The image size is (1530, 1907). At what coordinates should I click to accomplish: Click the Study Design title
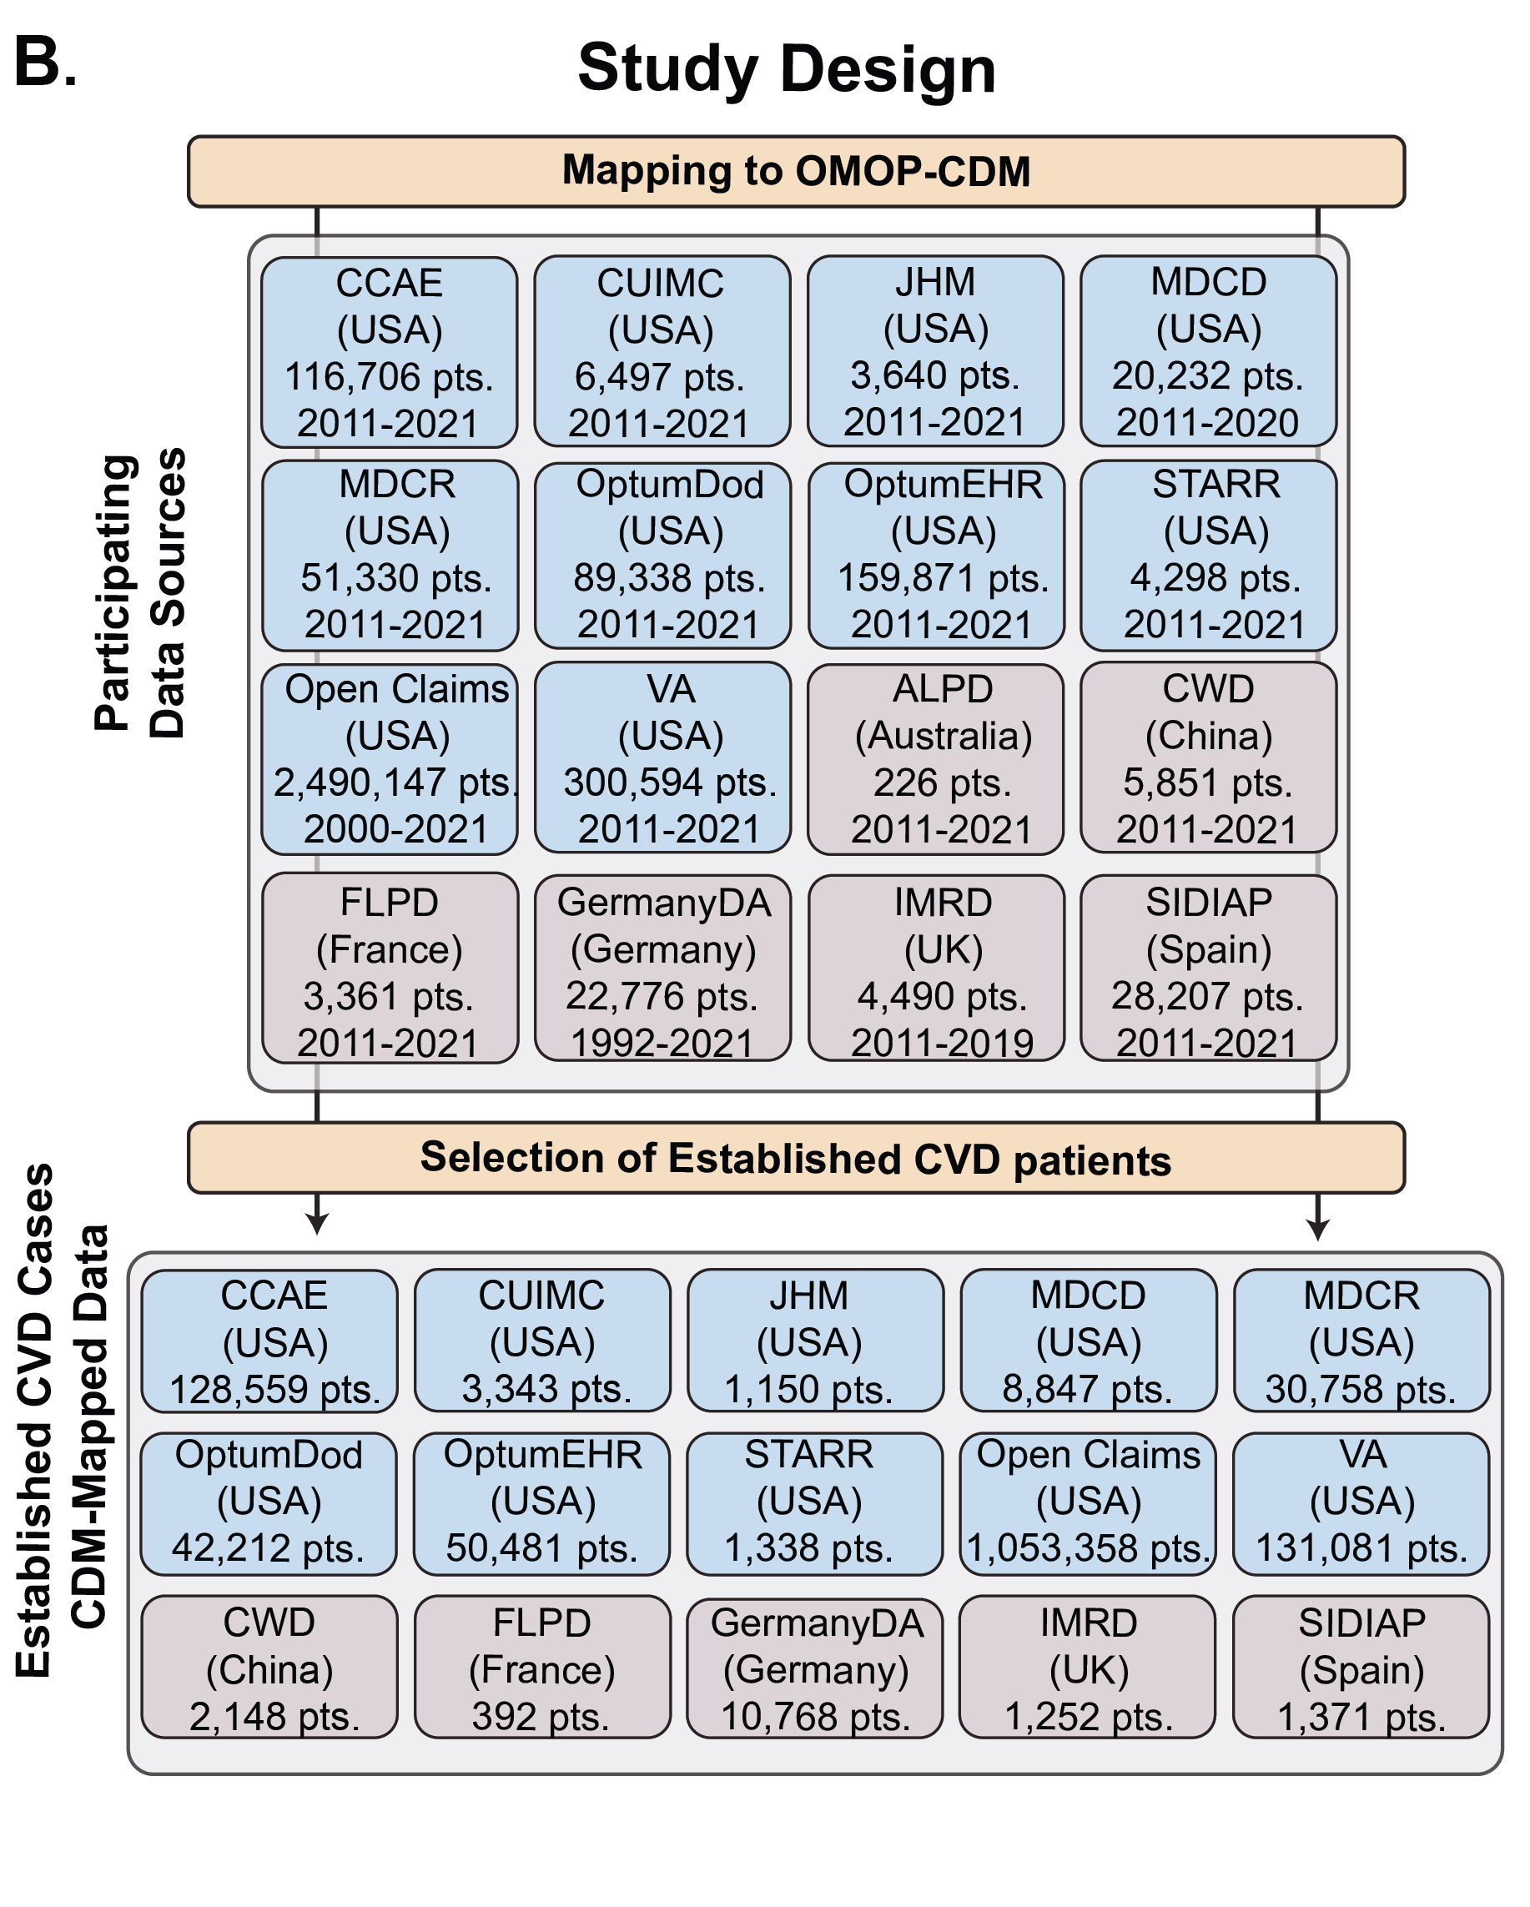pos(786,69)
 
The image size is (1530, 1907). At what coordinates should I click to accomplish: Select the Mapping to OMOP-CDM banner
pos(796,172)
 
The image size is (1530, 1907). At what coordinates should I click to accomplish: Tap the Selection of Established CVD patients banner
pos(796,1158)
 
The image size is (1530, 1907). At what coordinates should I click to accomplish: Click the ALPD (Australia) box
pos(936,759)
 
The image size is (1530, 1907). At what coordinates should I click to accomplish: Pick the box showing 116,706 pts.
pos(389,352)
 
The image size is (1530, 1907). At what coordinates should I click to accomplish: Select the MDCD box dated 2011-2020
pos(1208,352)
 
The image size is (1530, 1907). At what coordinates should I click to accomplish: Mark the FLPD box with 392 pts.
pos(542,1668)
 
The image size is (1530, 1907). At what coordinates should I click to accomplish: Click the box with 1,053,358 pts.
pos(1088,1505)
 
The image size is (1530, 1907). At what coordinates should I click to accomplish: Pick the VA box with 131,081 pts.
pos(1361,1505)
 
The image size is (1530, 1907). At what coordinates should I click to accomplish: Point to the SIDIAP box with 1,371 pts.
pos(1361,1668)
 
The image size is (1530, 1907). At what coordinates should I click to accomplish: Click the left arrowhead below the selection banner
pos(317,1225)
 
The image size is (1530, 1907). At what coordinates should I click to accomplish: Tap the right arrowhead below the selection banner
pos(1318,1230)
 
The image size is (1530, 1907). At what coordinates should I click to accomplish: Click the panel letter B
pos(44,63)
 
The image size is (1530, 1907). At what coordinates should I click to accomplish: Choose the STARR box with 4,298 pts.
pos(1208,556)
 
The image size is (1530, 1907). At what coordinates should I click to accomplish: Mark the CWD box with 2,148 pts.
pos(269,1668)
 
